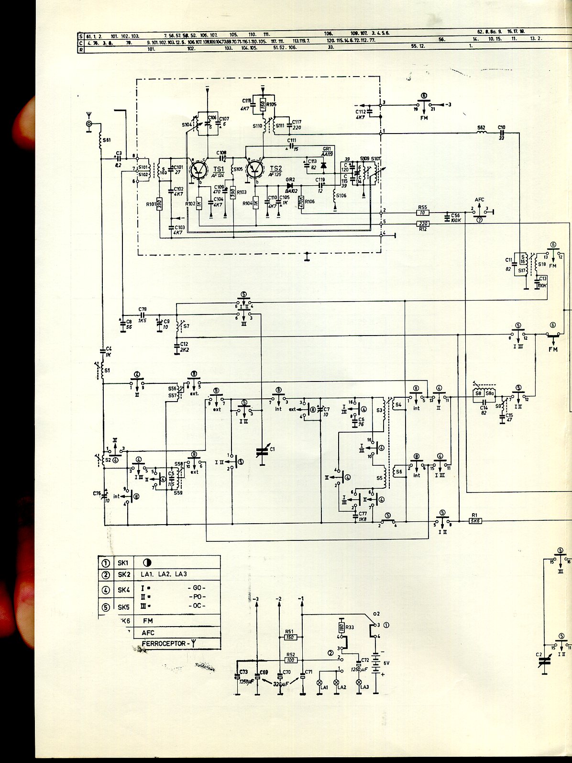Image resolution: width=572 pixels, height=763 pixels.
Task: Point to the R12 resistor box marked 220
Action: (423, 224)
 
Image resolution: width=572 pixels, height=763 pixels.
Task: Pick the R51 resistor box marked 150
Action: (290, 637)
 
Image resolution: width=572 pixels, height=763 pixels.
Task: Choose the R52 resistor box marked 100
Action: (290, 660)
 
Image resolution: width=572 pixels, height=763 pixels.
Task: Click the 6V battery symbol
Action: (376, 663)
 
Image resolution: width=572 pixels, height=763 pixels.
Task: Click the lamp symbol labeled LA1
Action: (320, 682)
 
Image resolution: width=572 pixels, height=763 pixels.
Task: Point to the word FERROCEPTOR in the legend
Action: (163, 644)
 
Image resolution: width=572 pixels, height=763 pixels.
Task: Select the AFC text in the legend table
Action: (148, 632)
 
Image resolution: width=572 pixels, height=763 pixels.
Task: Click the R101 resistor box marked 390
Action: (160, 204)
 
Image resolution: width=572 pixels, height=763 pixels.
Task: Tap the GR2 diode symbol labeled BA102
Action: (290, 185)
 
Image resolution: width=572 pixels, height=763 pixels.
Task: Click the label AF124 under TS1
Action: (218, 175)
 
